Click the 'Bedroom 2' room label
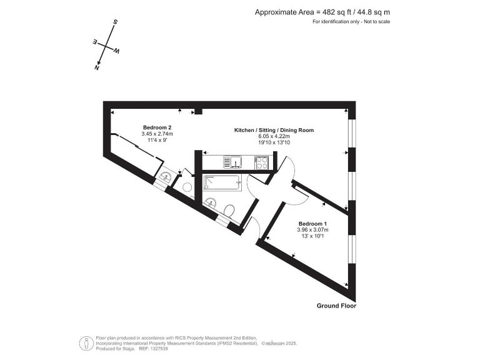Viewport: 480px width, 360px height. pyautogui.click(x=157, y=127)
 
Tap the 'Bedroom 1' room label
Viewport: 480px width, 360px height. pyautogui.click(x=312, y=224)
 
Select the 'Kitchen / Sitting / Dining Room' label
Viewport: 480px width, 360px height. pyautogui.click(x=274, y=130)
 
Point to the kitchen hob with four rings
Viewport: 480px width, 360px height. pyautogui.click(x=262, y=162)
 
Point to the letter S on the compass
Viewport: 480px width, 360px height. pyautogui.click(x=115, y=22)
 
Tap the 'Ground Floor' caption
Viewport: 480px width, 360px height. pyautogui.click(x=336, y=306)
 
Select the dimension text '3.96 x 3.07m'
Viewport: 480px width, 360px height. pyautogui.click(x=312, y=230)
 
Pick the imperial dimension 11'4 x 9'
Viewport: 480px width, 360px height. pyautogui.click(x=157, y=140)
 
